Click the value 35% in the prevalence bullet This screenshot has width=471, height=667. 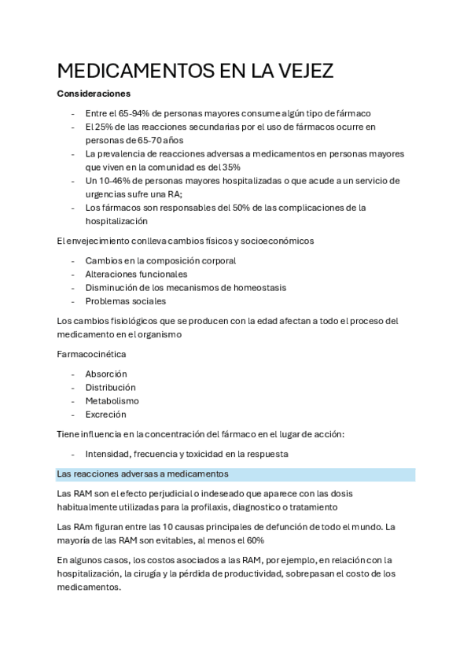(x=230, y=167)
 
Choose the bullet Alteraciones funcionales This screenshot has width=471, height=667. (x=136, y=274)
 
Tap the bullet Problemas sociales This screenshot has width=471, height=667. (x=125, y=300)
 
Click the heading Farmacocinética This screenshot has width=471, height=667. (x=91, y=354)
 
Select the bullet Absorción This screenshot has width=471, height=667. (x=106, y=374)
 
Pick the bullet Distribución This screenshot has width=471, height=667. (x=110, y=387)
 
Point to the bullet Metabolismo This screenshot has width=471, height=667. (x=112, y=400)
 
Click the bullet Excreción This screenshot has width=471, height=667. (x=105, y=414)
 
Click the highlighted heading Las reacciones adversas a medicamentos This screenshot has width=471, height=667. (x=142, y=474)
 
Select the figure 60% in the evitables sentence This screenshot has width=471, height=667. (x=255, y=540)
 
